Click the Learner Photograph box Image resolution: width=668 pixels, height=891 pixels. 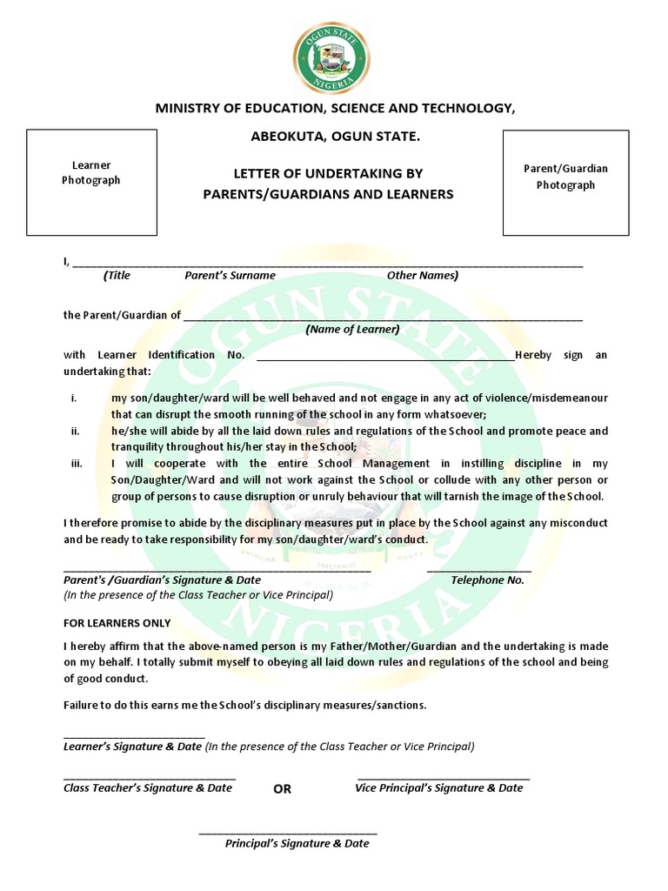[91, 182]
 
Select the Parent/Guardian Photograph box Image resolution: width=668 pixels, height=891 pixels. [565, 182]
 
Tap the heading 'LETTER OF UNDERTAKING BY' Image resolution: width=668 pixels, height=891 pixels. [328, 174]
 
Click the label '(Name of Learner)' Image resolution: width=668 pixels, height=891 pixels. [352, 329]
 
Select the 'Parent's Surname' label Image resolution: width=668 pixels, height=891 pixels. [230, 275]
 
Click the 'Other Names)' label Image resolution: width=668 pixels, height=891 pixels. [422, 275]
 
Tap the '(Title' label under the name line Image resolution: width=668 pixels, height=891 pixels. [117, 275]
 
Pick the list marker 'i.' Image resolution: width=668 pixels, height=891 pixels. [75, 399]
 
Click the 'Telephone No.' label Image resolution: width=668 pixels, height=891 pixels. [487, 579]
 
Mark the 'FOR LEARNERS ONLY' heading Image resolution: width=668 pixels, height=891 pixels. [117, 623]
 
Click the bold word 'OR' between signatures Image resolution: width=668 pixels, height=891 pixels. [282, 789]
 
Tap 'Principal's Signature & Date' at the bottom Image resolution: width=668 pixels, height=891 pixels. [297, 843]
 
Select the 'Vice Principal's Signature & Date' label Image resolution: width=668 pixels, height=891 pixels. [438, 787]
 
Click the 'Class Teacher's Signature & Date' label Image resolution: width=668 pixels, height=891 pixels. [148, 787]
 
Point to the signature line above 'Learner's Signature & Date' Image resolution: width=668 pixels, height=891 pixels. [134, 737]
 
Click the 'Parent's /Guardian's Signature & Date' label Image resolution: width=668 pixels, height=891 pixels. [162, 579]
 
